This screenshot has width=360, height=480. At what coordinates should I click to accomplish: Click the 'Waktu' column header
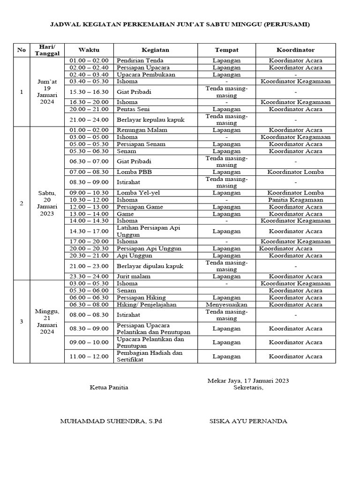pyautogui.click(x=89, y=50)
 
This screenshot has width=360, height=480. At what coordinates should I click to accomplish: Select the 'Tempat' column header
pyautogui.click(x=226, y=50)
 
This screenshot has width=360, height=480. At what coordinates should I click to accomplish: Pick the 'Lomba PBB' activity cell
pyautogui.click(x=134, y=172)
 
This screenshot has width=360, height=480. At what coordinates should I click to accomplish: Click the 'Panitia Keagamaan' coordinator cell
pyautogui.click(x=295, y=200)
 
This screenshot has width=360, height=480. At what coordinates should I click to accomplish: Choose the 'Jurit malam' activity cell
pyautogui.click(x=133, y=277)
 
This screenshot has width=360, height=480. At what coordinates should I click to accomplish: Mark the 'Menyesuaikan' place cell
pyautogui.click(x=226, y=304)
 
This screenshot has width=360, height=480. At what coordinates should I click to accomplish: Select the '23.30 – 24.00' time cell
pyautogui.click(x=89, y=277)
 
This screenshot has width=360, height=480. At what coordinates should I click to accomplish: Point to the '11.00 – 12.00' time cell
pyautogui.click(x=89, y=356)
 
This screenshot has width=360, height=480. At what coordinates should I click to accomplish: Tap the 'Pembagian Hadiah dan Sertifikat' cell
pyautogui.click(x=150, y=356)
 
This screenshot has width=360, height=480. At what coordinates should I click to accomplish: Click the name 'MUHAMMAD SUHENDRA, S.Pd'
pyautogui.click(x=111, y=421)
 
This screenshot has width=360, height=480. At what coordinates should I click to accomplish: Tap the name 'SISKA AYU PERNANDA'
pyautogui.click(x=248, y=421)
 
